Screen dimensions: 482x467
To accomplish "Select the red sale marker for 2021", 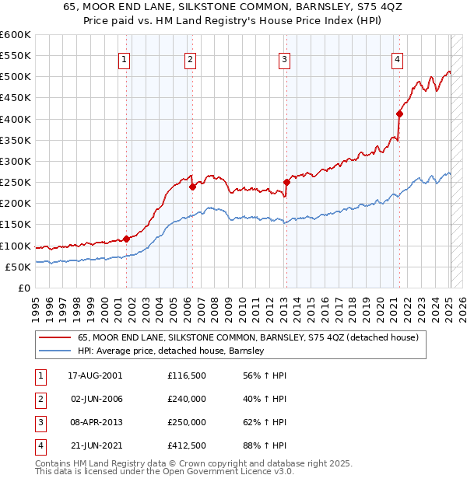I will click(x=399, y=114).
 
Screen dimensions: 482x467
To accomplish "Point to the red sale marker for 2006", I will click(x=192, y=187).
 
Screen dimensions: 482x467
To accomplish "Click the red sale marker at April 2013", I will click(x=286, y=183).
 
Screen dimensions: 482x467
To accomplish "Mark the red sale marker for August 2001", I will click(x=126, y=239).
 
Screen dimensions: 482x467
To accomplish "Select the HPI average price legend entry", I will click(x=171, y=351).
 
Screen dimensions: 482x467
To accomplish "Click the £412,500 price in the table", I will click(x=187, y=446).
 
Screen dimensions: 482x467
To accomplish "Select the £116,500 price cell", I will click(x=187, y=375).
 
